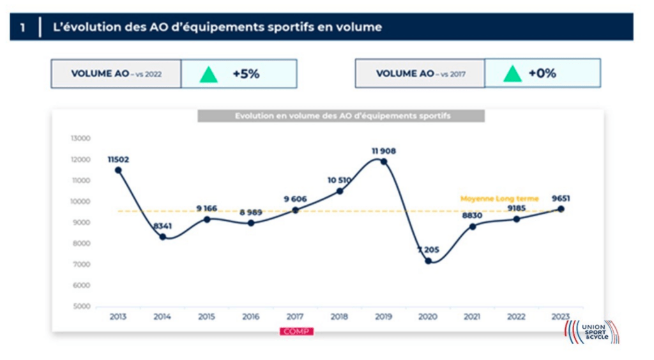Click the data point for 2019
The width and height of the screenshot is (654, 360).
click(x=384, y=161)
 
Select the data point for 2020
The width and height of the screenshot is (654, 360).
click(x=428, y=261)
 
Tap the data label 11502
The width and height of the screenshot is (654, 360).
click(x=118, y=160)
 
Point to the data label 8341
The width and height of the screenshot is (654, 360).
click(x=162, y=226)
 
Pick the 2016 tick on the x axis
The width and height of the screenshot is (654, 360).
click(x=250, y=317)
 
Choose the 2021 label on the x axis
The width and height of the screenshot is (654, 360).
click(x=472, y=317)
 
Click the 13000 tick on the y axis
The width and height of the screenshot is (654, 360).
click(x=81, y=139)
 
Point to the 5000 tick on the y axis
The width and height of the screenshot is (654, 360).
click(x=81, y=306)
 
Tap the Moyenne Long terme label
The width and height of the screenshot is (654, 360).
click(x=499, y=199)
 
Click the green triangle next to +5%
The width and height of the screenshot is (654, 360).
click(x=208, y=74)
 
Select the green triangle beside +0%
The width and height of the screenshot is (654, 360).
click(x=512, y=73)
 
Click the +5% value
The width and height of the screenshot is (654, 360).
click(x=246, y=74)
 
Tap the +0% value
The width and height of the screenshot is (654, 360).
click(x=542, y=73)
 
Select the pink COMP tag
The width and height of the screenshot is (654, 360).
click(x=296, y=331)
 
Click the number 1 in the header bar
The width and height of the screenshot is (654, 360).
click(x=23, y=27)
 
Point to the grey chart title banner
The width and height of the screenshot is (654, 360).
click(x=341, y=116)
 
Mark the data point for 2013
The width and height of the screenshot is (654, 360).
click(x=118, y=170)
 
